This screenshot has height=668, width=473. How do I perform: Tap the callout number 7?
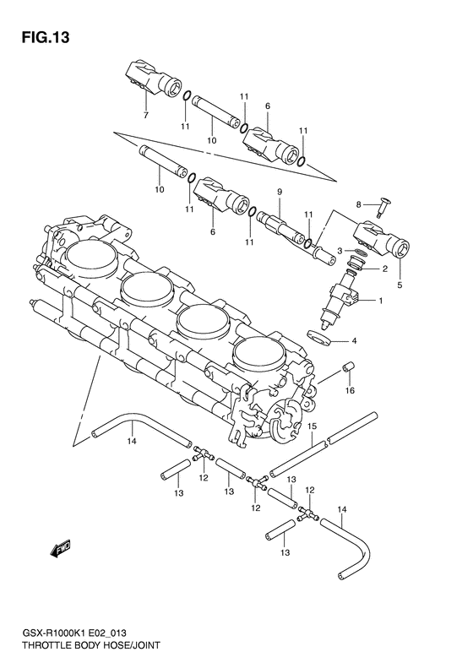pos(145,114)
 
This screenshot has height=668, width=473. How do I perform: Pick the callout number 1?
pos(381,301)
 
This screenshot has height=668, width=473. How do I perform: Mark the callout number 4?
pos(377,341)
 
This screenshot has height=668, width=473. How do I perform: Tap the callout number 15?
pos(311,426)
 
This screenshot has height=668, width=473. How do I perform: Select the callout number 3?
pos(339,252)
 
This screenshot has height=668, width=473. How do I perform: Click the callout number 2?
pos(384,269)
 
